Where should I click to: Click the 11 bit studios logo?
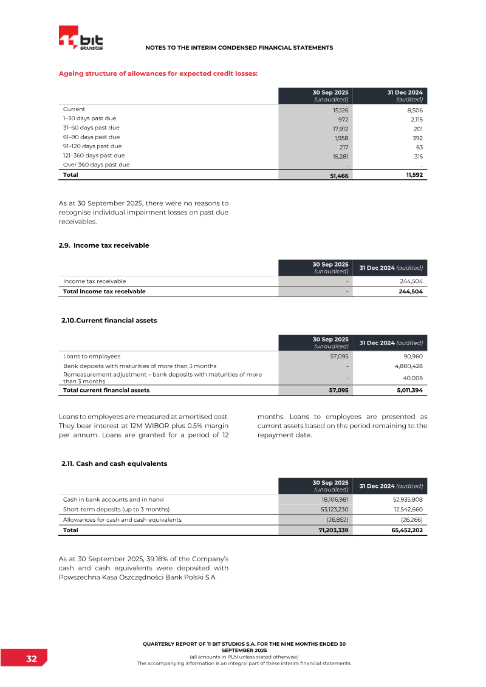81,38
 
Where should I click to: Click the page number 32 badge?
31,659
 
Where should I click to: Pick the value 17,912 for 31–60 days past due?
339,129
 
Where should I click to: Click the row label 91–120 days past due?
92,146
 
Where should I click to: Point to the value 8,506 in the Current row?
413,111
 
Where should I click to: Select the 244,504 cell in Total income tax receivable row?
409,292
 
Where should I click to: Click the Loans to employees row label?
92,357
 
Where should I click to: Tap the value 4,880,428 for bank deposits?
405,366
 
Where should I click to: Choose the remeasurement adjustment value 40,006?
410,378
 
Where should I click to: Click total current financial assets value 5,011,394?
405,391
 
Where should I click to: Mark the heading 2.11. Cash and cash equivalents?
114,463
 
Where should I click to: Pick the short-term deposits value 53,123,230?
330,509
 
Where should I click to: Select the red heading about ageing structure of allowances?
158,73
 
